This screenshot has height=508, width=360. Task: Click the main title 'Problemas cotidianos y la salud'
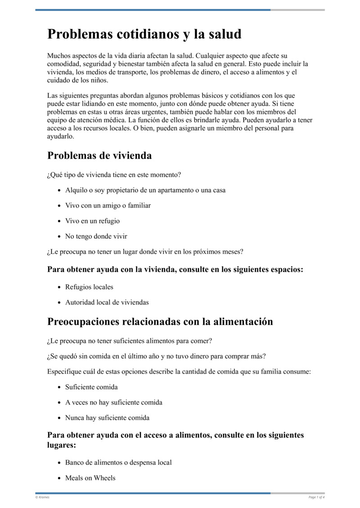click(x=144, y=34)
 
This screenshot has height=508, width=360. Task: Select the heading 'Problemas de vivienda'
click(x=99, y=156)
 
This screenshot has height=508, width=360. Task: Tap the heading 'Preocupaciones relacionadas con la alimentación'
click(x=160, y=321)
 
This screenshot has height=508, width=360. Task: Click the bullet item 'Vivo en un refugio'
click(x=92, y=221)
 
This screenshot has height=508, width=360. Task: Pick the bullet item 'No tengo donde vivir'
click(x=96, y=236)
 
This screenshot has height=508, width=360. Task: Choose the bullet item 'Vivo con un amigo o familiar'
click(x=108, y=205)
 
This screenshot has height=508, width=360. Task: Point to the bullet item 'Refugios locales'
click(x=89, y=287)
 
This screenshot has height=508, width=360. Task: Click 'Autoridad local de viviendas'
click(x=107, y=302)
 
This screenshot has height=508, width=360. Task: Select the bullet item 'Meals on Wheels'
click(x=90, y=478)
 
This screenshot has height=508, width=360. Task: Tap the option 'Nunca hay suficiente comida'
click(x=107, y=418)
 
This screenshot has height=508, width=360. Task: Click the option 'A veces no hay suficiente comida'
click(x=113, y=402)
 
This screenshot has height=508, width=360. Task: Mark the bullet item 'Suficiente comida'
click(x=91, y=387)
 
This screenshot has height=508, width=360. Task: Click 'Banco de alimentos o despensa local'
click(x=118, y=463)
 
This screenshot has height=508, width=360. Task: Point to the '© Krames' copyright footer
click(x=42, y=497)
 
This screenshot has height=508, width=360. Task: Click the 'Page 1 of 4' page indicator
click(x=316, y=497)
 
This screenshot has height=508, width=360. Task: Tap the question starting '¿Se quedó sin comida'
click(x=156, y=356)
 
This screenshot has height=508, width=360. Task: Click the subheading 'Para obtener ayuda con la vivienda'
click(x=175, y=270)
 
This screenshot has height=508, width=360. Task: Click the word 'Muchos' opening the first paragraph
click(x=58, y=56)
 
